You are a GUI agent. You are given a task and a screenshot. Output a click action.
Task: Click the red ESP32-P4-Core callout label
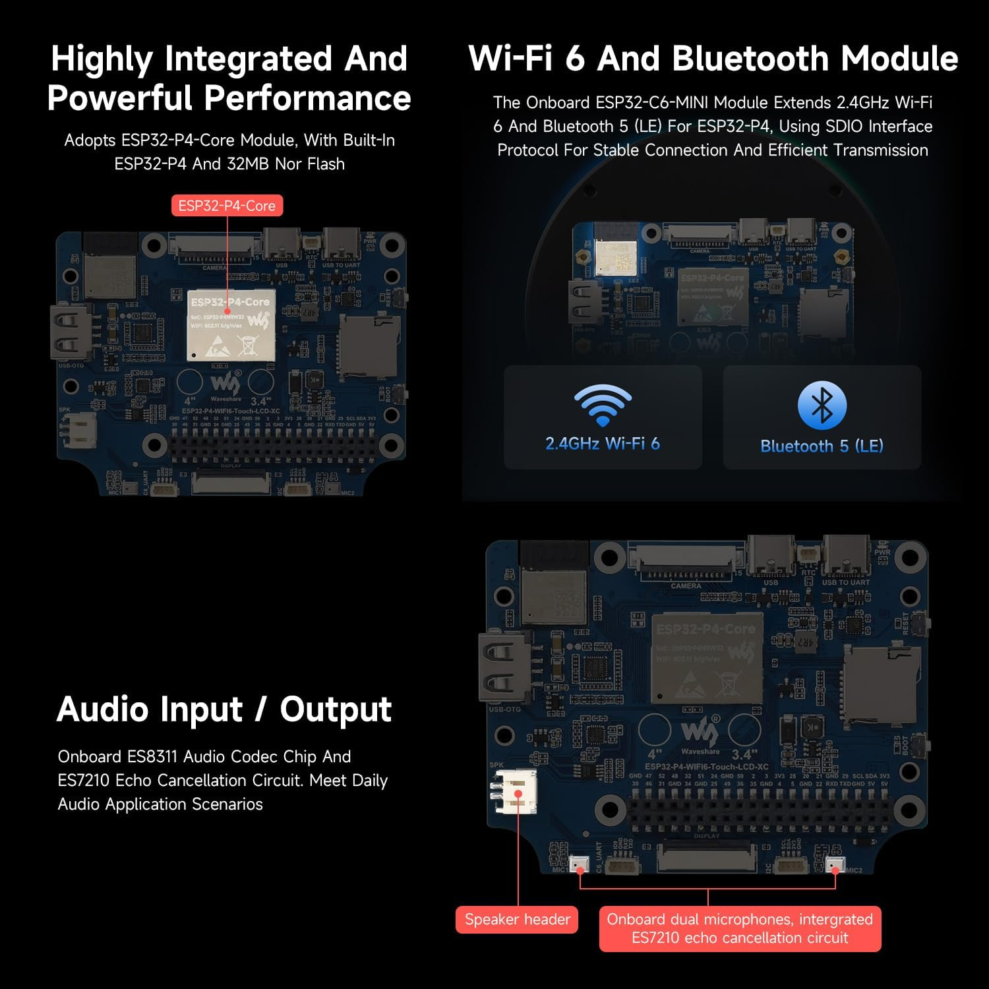pos(227,206)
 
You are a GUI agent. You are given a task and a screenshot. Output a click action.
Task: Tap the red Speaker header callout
pos(517,919)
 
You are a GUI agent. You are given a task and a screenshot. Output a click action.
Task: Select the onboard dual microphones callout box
pos(740,928)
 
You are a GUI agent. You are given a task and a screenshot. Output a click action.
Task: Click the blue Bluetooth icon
pos(822,405)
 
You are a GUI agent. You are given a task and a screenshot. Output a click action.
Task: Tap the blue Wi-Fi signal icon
pos(603,405)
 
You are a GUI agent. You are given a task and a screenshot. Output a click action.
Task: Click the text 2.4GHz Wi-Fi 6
pos(603,444)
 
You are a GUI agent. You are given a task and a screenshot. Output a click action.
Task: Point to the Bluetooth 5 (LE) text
pos(822,446)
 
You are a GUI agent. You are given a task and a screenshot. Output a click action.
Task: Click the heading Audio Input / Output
pos(224,709)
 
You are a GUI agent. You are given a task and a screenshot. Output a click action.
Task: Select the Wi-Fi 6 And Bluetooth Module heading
pos(713,59)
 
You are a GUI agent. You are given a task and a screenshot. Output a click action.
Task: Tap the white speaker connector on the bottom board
pos(516,791)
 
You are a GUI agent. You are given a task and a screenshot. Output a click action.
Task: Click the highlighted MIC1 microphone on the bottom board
pos(579,863)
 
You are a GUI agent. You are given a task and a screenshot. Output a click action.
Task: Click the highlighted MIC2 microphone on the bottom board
pos(835,864)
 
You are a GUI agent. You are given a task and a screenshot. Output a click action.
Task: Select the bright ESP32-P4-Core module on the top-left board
pos(230,325)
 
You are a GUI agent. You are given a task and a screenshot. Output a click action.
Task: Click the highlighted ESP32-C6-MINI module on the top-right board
pos(615,257)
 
